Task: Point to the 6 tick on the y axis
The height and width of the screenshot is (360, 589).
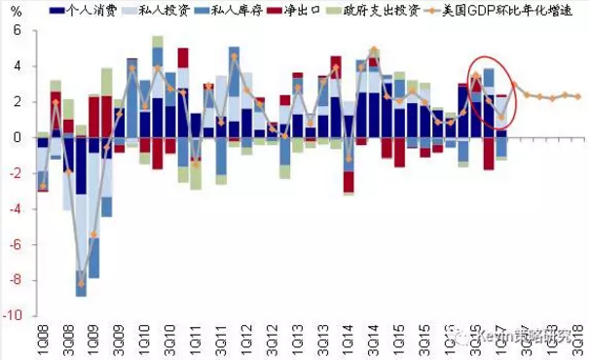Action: [17, 30]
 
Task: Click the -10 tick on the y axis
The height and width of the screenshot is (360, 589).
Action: [13, 316]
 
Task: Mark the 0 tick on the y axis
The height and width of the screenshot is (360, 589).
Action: [17, 138]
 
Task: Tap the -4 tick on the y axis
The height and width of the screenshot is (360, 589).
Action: [14, 209]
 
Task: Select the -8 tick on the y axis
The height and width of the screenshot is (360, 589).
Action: [14, 281]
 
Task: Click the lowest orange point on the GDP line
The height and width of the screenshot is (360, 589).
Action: [82, 281]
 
